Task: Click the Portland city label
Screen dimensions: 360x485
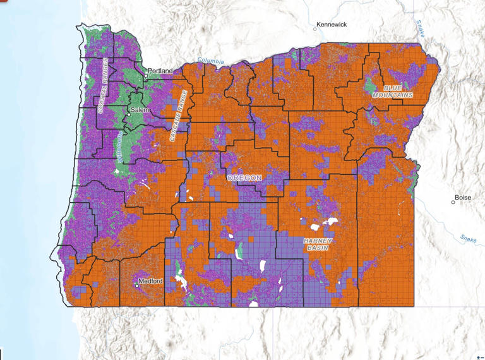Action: (x=161, y=71)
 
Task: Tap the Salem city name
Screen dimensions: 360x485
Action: (x=139, y=110)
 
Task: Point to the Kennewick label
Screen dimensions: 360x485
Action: (x=332, y=24)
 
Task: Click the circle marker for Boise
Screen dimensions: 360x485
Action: (x=453, y=202)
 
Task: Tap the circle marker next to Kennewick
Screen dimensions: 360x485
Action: (x=314, y=28)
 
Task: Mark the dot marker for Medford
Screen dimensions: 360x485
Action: (x=137, y=285)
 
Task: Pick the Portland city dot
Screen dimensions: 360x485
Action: (x=146, y=76)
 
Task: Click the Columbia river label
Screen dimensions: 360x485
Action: (x=210, y=61)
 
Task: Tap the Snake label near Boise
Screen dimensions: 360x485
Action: (x=468, y=238)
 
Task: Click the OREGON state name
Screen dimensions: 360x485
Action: (x=244, y=179)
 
